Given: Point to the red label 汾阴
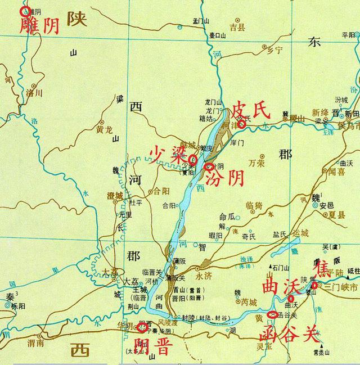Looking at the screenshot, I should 225,179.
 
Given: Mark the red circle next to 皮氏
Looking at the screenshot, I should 241,124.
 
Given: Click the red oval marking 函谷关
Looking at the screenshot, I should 273,315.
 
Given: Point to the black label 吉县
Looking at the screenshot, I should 238,26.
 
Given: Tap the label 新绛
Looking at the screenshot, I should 321,111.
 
